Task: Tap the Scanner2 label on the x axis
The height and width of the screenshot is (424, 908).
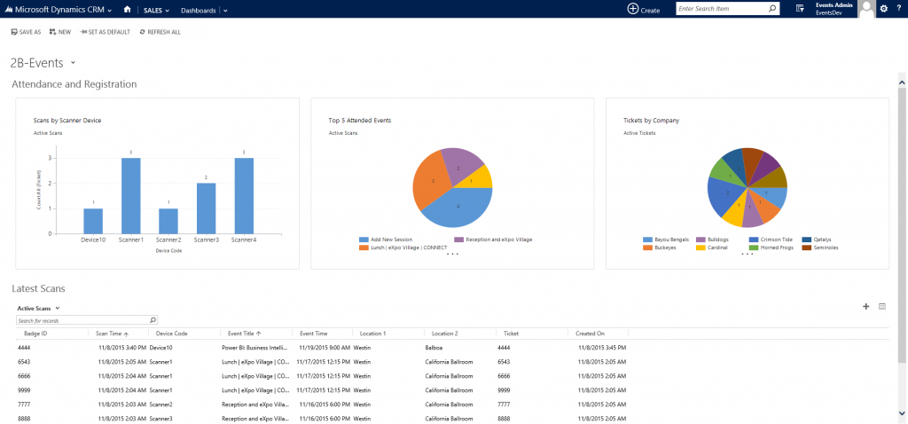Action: click(x=168, y=240)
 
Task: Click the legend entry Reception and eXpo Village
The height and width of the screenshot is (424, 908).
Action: click(x=491, y=239)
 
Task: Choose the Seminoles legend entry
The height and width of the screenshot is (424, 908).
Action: click(x=820, y=247)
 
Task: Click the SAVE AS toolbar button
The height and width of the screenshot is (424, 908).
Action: click(x=26, y=32)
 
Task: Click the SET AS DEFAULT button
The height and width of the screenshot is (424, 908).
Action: click(x=105, y=32)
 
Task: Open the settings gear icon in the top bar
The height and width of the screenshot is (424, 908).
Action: click(x=882, y=9)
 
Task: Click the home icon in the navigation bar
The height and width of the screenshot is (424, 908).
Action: click(x=128, y=10)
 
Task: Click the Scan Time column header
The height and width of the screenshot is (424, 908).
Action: click(x=113, y=334)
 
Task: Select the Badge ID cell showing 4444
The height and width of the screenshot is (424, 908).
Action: click(x=25, y=349)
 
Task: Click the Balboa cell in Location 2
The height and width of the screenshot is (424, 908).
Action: click(x=435, y=349)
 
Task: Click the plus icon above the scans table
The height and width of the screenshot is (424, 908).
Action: click(x=865, y=307)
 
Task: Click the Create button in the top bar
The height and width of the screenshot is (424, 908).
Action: click(x=644, y=9)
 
